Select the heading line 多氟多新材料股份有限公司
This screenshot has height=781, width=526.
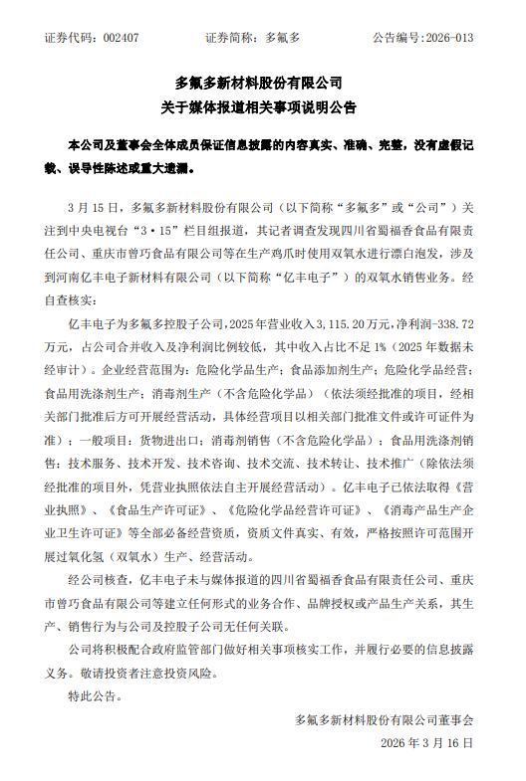click(263, 84)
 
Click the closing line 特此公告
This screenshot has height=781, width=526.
click(96, 695)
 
